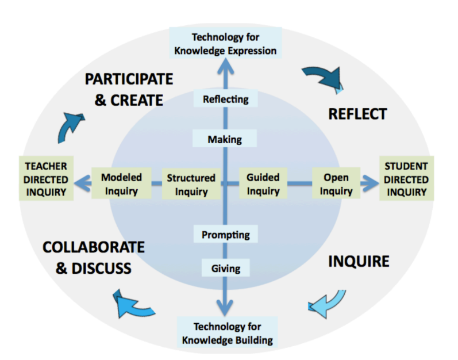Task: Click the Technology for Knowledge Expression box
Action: [x=226, y=44]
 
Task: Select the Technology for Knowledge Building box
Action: [x=227, y=333]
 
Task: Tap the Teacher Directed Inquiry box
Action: [x=46, y=178]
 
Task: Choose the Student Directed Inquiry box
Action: [x=406, y=178]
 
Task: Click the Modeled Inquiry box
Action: [x=121, y=183]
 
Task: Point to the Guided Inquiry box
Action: [x=263, y=183]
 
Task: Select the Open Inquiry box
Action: [x=336, y=183]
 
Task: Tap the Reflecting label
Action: [x=226, y=99]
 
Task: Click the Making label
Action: [x=225, y=139]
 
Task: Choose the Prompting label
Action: [x=226, y=235]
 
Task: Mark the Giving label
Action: [x=225, y=268]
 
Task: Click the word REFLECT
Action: [x=357, y=114]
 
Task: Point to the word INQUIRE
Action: [x=359, y=262]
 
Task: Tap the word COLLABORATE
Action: [x=94, y=247]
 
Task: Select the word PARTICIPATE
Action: [x=129, y=79]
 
